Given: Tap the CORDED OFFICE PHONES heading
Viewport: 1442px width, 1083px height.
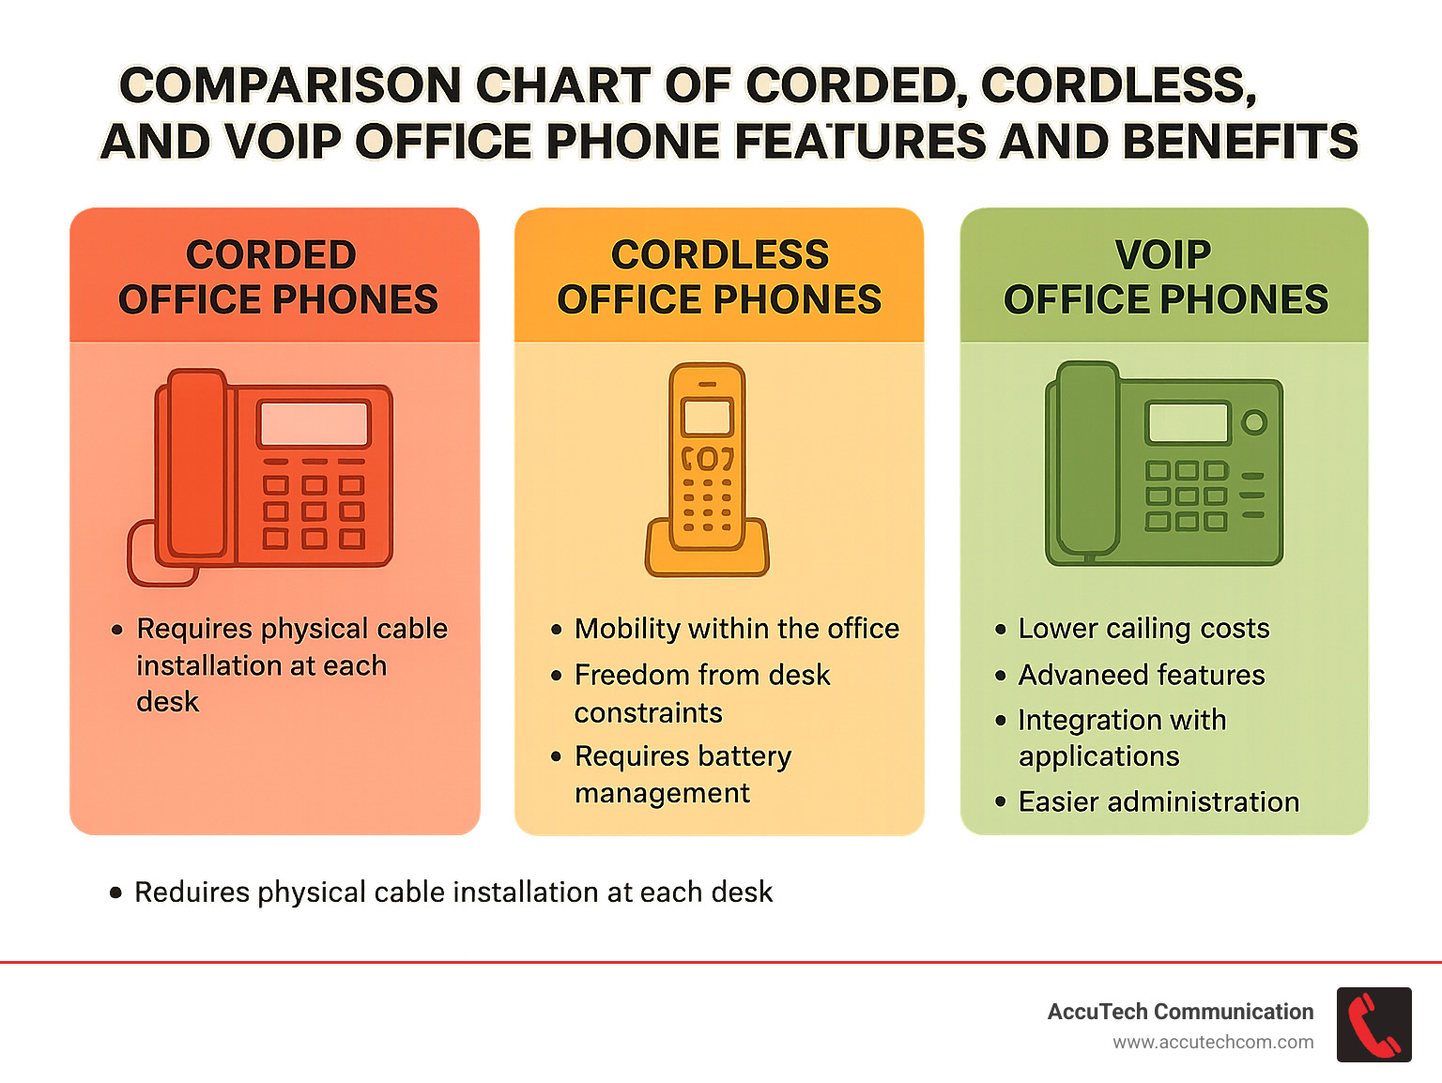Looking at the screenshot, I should coord(277,277).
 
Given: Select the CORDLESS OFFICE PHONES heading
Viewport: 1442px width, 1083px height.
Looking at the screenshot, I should coord(719,277).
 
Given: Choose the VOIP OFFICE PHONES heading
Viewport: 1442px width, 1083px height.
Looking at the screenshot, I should coord(1165,277).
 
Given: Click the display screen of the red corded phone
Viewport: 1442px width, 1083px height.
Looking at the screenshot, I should coord(314,424).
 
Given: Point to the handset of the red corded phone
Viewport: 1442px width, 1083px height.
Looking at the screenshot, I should coord(197,465).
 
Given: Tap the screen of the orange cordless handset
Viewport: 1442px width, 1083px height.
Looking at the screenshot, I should coord(707,416).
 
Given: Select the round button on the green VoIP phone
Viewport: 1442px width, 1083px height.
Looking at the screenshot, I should coord(1254,422).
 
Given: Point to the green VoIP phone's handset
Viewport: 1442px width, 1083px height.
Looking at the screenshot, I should coord(1087,460).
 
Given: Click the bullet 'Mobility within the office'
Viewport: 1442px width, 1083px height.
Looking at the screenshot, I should coord(736,629).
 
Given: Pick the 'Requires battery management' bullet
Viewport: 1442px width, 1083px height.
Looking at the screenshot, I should coord(683,774).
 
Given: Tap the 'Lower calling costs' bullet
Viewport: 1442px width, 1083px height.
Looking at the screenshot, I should coord(1143,629).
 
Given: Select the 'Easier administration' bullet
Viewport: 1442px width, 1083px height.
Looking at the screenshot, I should coord(1158,802).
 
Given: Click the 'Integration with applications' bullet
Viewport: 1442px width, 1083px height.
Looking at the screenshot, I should coord(1122,738).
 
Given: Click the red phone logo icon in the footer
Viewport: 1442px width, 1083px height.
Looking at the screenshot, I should coord(1373,1025).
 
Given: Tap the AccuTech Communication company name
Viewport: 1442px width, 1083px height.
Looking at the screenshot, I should coord(1180,1012).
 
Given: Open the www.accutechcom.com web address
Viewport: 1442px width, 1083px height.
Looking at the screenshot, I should coord(1213,1043).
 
